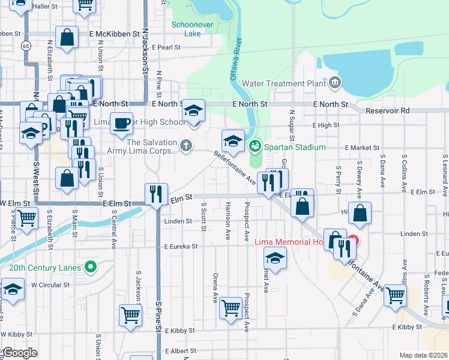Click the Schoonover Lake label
point(186,29)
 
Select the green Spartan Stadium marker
point(255,145)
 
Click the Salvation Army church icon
point(187,145)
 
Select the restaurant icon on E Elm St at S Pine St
point(155,193)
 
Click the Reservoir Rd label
point(388,111)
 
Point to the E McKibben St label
point(115,34)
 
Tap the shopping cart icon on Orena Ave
point(231,308)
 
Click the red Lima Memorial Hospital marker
point(353,242)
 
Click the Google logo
point(20,353)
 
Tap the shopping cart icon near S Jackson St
point(130,314)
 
